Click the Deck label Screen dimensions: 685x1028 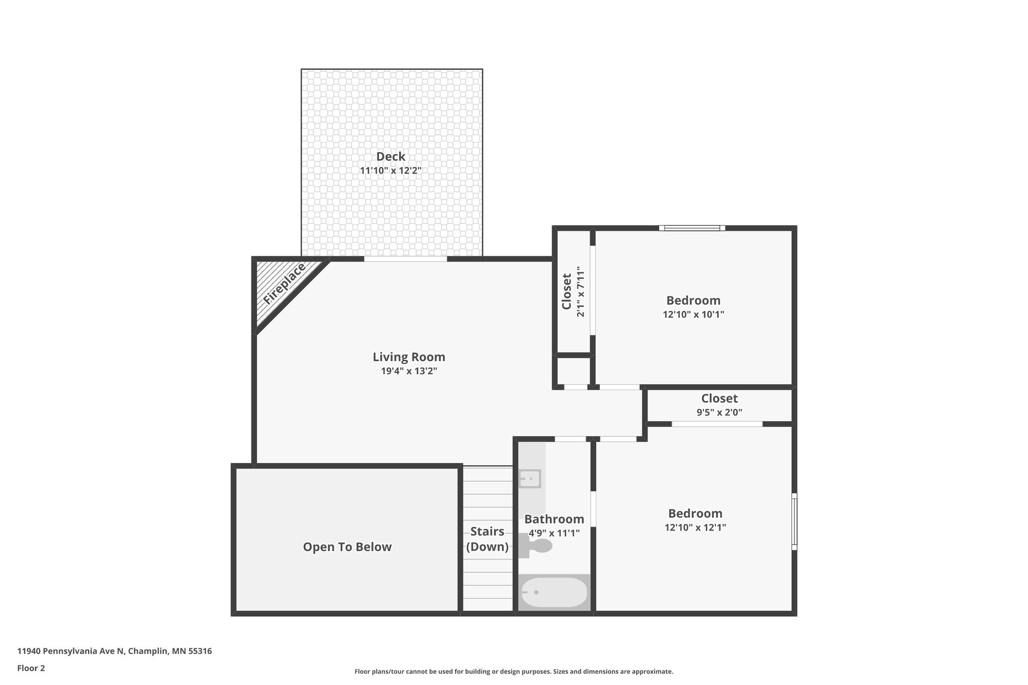[x=391, y=157]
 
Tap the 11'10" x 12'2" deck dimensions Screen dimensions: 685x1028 [x=391, y=171]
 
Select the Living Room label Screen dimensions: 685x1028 [x=409, y=357]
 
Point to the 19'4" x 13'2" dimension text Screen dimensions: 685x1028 [x=409, y=371]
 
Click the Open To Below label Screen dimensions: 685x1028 [x=347, y=547]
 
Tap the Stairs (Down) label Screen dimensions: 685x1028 [x=487, y=539]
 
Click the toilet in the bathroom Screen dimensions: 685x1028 [x=537, y=545]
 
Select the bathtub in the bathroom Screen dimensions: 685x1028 [x=554, y=593]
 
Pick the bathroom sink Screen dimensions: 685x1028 [x=530, y=479]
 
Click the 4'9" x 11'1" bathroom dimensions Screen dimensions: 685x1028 [x=554, y=533]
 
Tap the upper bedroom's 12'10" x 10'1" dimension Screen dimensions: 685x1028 [x=693, y=315]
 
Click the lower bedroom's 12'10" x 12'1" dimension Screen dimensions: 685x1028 [x=695, y=527]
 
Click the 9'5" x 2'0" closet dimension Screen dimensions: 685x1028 [x=719, y=413]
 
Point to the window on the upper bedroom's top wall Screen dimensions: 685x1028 [x=692, y=228]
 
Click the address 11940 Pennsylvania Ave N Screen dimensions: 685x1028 [x=114, y=651]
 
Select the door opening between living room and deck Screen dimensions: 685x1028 [x=405, y=259]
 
